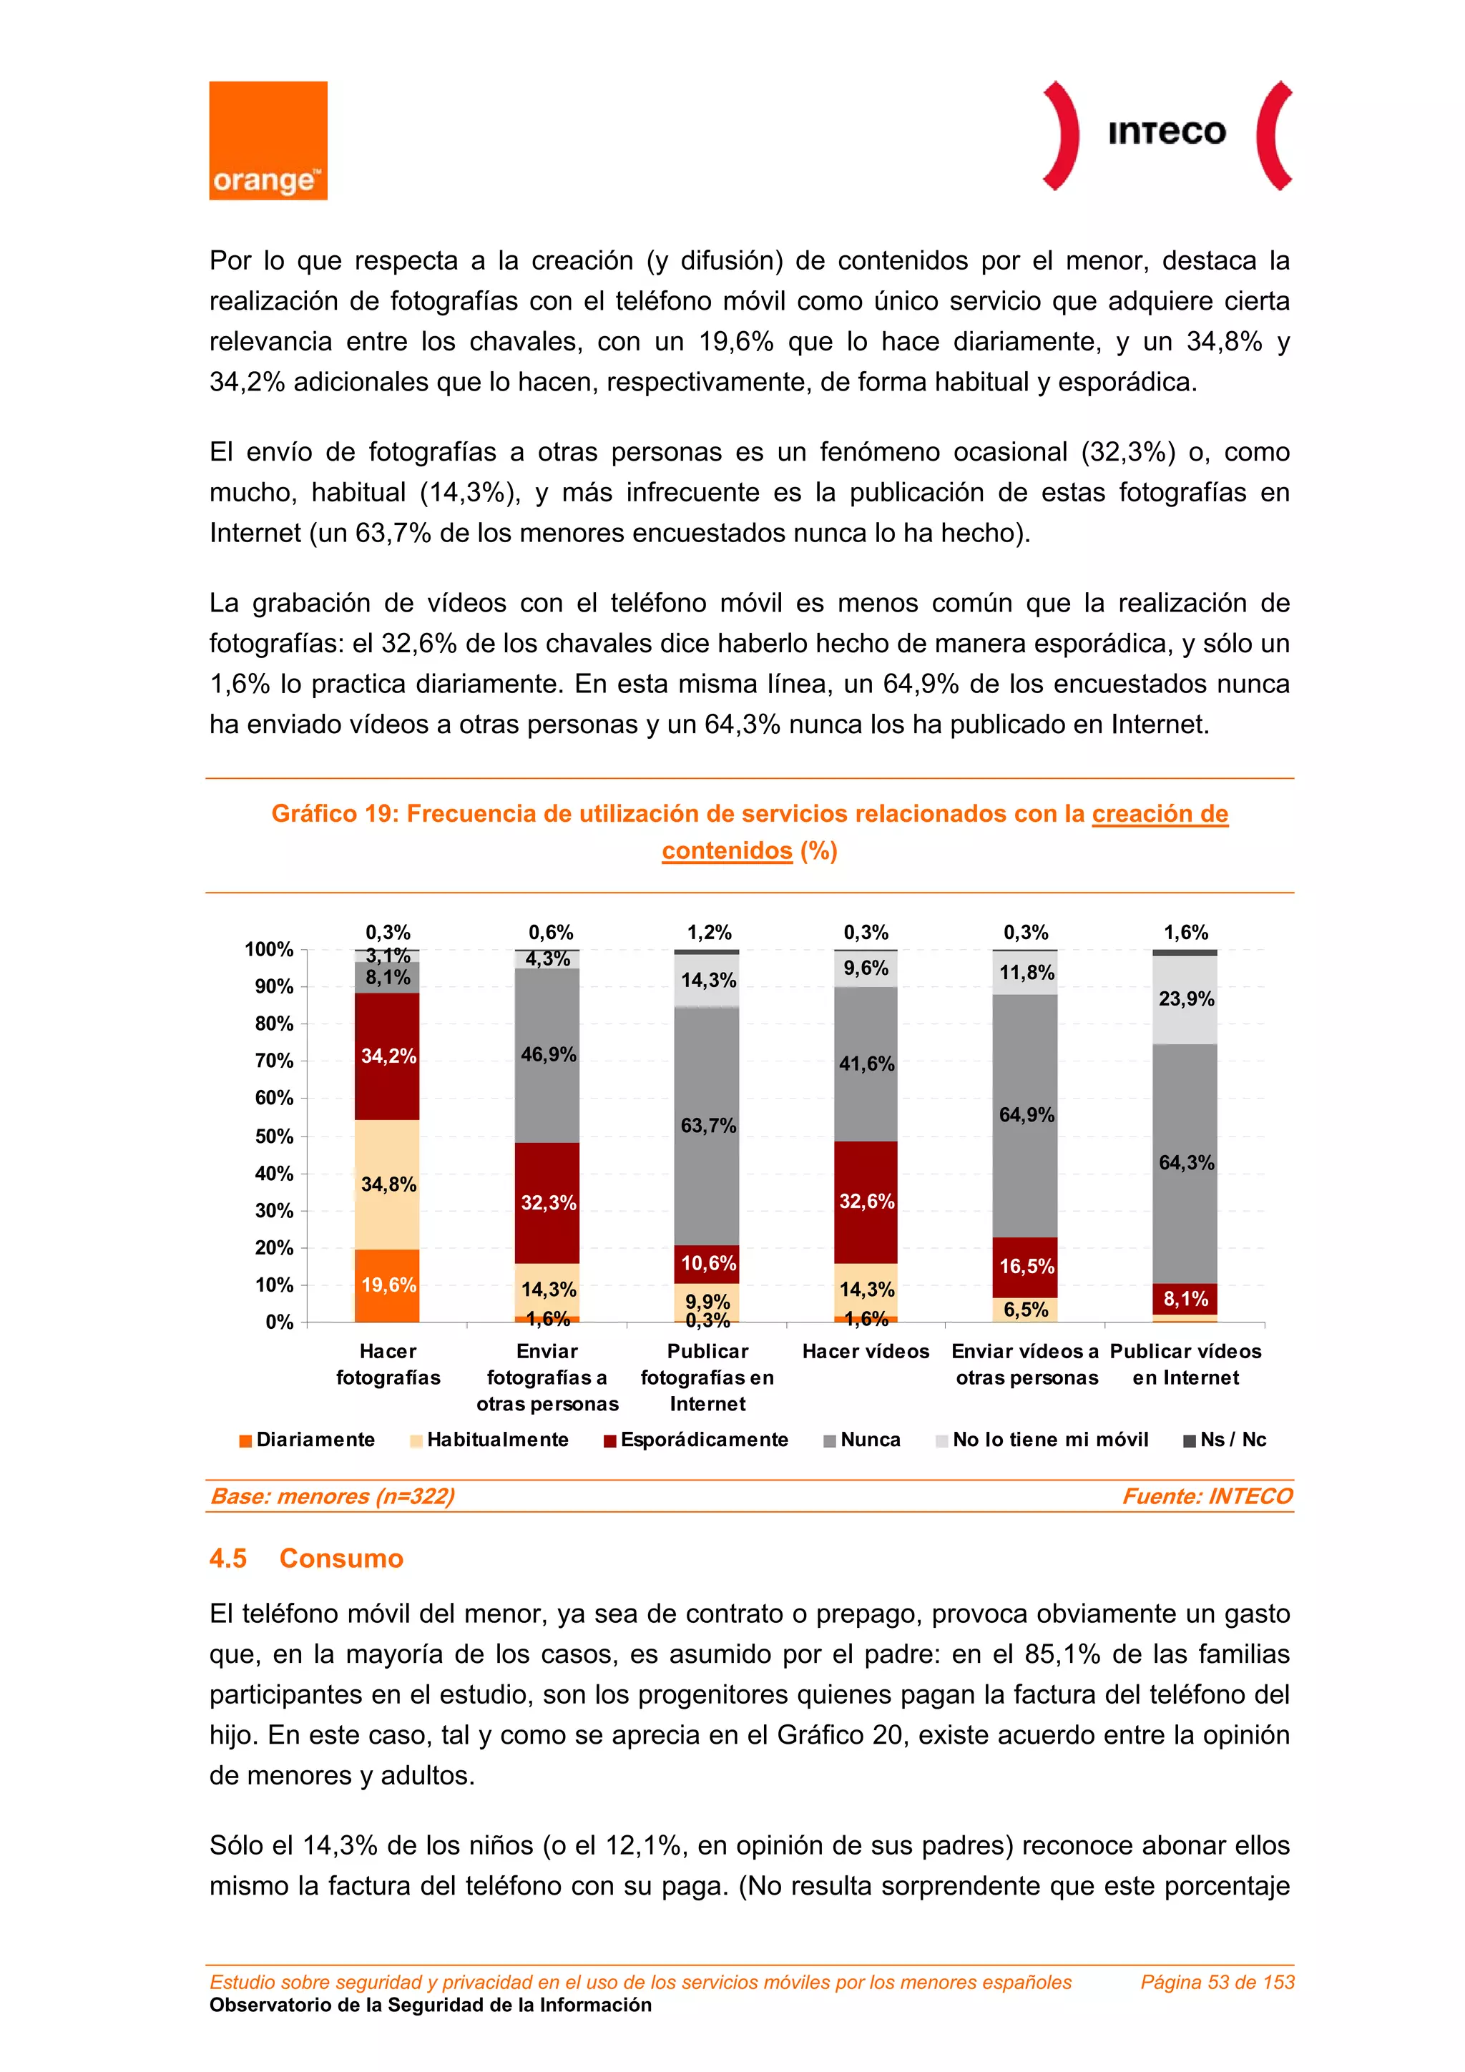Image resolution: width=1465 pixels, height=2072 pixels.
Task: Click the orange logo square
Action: (268, 140)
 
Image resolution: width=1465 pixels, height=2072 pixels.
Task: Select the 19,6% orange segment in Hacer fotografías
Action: (387, 1285)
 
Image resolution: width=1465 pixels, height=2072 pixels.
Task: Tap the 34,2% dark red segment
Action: (387, 1056)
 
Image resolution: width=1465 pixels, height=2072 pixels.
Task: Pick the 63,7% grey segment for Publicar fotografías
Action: (707, 1125)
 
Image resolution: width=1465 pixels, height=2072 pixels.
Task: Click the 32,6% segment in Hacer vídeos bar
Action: (866, 1201)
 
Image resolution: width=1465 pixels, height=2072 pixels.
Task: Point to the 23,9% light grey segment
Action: (1185, 999)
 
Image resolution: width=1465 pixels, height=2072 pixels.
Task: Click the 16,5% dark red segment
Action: (1025, 1266)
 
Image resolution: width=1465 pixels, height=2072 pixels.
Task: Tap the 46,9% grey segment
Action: (547, 1054)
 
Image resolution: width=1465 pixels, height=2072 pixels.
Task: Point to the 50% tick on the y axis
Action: (275, 1136)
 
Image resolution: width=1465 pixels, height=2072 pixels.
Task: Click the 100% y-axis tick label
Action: (269, 949)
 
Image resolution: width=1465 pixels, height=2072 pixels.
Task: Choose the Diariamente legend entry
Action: (307, 1440)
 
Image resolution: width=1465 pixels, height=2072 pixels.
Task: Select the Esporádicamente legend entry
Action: (696, 1440)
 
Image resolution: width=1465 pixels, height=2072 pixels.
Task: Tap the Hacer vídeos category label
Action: (866, 1351)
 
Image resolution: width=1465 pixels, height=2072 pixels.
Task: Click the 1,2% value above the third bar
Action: (709, 932)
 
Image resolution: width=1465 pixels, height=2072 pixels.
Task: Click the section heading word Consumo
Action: (341, 1558)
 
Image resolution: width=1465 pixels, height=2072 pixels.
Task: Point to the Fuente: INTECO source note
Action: (1207, 1496)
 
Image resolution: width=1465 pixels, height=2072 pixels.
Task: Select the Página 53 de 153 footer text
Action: (1217, 1982)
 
